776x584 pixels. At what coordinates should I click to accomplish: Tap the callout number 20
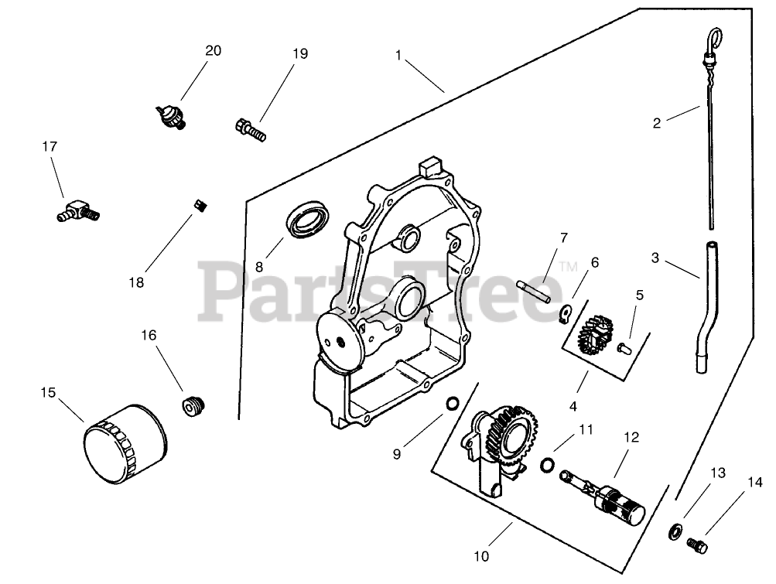(x=213, y=51)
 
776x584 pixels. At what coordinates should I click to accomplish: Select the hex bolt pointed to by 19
(x=249, y=128)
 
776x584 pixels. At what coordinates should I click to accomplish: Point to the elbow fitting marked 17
(x=78, y=210)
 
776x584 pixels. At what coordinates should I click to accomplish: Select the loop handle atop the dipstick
(x=716, y=38)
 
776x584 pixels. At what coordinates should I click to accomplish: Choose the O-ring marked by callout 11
(x=547, y=464)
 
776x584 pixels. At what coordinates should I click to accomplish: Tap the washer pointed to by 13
(x=675, y=531)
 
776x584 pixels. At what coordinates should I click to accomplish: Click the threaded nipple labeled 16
(x=193, y=405)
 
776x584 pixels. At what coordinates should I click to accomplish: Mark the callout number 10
(x=481, y=555)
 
